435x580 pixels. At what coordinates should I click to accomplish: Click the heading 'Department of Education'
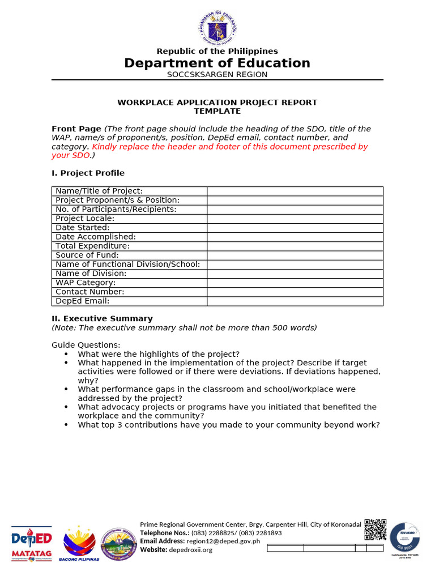(x=217, y=63)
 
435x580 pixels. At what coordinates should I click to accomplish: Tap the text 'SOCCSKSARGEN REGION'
(x=217, y=75)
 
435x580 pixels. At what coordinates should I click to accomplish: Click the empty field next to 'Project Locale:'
(x=295, y=219)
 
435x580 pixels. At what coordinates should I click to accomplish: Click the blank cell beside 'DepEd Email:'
(x=295, y=301)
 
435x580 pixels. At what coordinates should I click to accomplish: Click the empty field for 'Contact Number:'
(x=295, y=292)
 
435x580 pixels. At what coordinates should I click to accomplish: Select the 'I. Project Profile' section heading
(x=88, y=173)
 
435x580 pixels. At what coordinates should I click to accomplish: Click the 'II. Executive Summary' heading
(x=102, y=319)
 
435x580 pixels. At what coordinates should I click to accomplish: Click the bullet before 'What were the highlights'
(x=67, y=355)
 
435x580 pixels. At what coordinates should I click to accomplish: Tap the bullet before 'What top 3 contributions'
(x=67, y=425)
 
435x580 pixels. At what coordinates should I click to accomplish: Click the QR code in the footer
(x=375, y=530)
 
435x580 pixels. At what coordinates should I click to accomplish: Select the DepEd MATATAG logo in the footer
(x=32, y=543)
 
